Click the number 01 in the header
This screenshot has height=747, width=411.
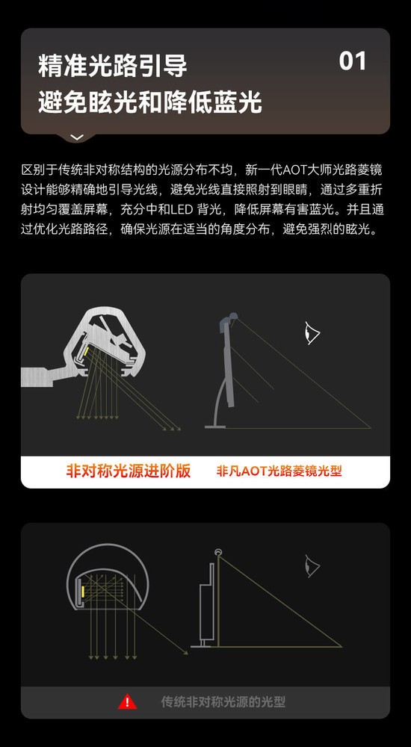pyautogui.click(x=353, y=61)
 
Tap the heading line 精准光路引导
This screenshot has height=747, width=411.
pyautogui.click(x=113, y=66)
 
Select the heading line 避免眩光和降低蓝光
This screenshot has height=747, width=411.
pyautogui.click(x=150, y=102)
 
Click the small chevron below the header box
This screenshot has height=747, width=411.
pyautogui.click(x=77, y=137)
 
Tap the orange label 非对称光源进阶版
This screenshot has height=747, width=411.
pyautogui.click(x=129, y=471)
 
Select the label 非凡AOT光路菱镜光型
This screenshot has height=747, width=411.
pyautogui.click(x=279, y=471)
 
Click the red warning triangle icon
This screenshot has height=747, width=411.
pyautogui.click(x=127, y=701)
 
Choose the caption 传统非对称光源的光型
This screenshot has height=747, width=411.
pyautogui.click(x=223, y=701)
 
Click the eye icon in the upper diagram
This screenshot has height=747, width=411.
pyautogui.click(x=312, y=333)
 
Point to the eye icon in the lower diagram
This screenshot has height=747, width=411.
pyautogui.click(x=312, y=566)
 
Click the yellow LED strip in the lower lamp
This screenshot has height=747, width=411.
pyautogui.click(x=82, y=591)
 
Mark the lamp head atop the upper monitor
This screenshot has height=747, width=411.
pyautogui.click(x=228, y=320)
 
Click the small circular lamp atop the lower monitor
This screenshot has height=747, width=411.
pyautogui.click(x=218, y=552)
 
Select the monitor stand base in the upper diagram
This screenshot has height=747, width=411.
pyautogui.click(x=215, y=427)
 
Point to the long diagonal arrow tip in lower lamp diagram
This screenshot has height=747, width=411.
pyautogui.click(x=186, y=653)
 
